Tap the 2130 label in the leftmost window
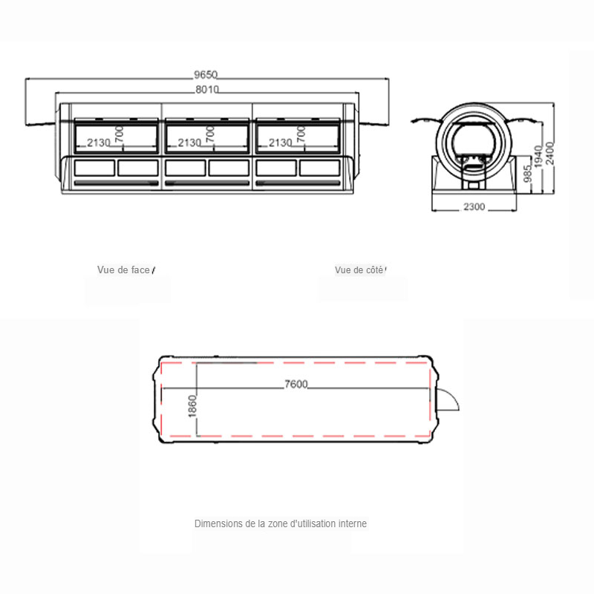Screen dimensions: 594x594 [x=99, y=143]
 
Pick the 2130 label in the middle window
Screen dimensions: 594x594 [x=190, y=143]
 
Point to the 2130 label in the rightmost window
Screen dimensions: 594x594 [x=280, y=143]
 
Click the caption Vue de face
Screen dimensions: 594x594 [x=123, y=270]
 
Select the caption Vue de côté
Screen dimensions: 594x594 [x=359, y=270]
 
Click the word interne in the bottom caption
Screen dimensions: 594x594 [x=352, y=523]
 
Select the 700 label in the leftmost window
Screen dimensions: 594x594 [x=119, y=134]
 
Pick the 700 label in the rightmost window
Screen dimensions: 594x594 [x=301, y=134]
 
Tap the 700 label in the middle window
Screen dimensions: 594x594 [x=210, y=134]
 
